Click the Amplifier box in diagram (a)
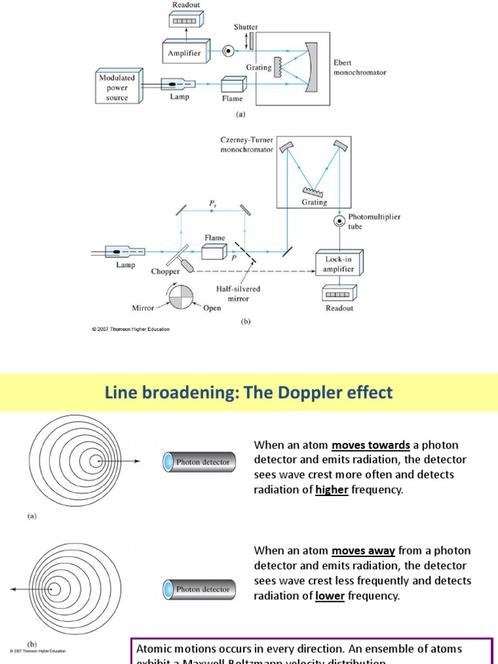point(184,53)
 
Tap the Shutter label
point(246,27)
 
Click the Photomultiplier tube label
point(374,222)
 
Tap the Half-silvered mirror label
point(233,294)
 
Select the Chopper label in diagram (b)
point(165,271)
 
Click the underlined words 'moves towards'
point(371,445)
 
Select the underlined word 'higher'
point(332,490)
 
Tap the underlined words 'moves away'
point(363,551)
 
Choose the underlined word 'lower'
point(329,595)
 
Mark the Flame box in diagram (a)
point(232,85)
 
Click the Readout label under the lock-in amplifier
point(339,309)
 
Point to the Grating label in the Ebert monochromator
point(259,67)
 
